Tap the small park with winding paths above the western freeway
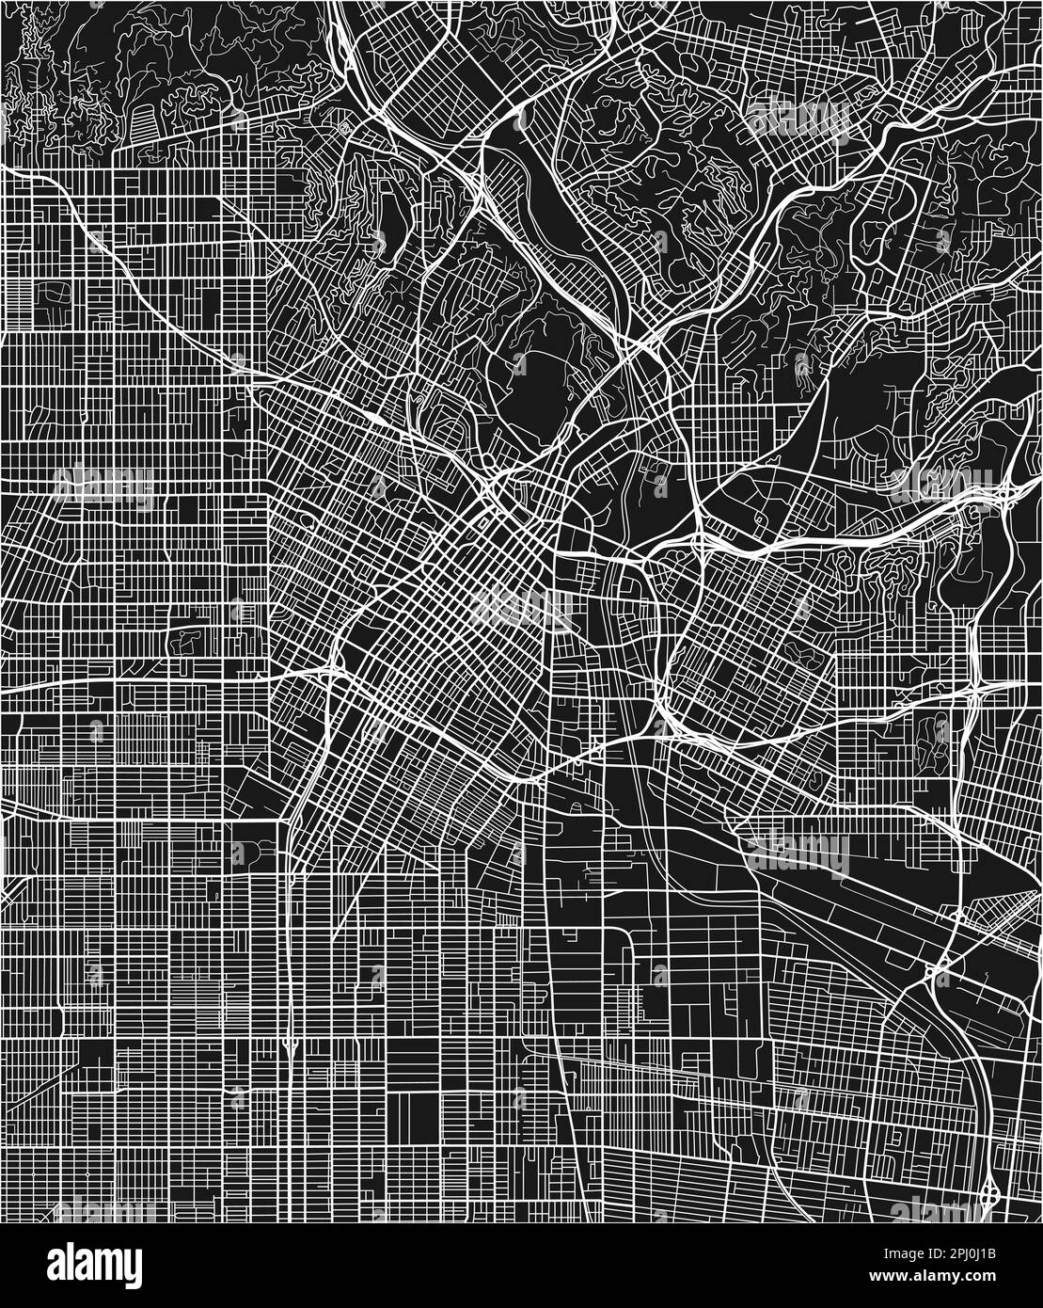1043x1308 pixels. coord(184,641)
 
